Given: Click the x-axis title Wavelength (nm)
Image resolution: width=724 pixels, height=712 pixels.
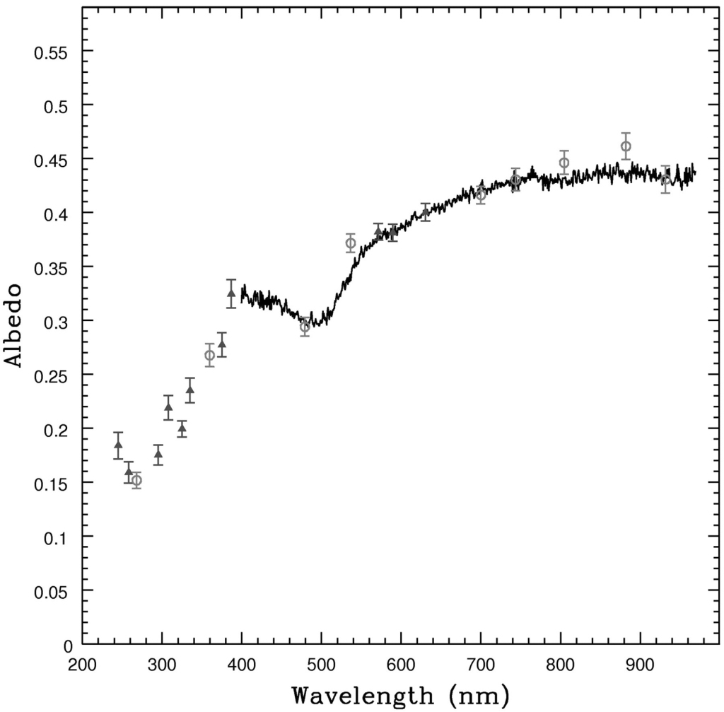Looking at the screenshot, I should click(400, 694).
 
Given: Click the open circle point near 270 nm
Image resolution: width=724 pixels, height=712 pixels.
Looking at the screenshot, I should click(136, 481).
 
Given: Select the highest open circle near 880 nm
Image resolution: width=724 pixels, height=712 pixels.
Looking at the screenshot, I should click(626, 146).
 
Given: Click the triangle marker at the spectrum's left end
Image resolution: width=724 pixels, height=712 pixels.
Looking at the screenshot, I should click(231, 293).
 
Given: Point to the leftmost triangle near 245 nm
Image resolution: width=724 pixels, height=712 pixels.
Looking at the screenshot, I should click(118, 445).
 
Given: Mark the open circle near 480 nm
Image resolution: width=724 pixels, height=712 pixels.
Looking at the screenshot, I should click(305, 327).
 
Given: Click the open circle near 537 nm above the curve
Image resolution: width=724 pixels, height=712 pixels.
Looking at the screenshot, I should click(351, 243).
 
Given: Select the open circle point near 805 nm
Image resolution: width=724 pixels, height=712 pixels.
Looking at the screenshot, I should click(564, 163).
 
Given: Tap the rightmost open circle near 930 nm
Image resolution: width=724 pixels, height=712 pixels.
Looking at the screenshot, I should click(665, 180).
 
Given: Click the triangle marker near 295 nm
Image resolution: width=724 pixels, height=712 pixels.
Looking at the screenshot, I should click(158, 455).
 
